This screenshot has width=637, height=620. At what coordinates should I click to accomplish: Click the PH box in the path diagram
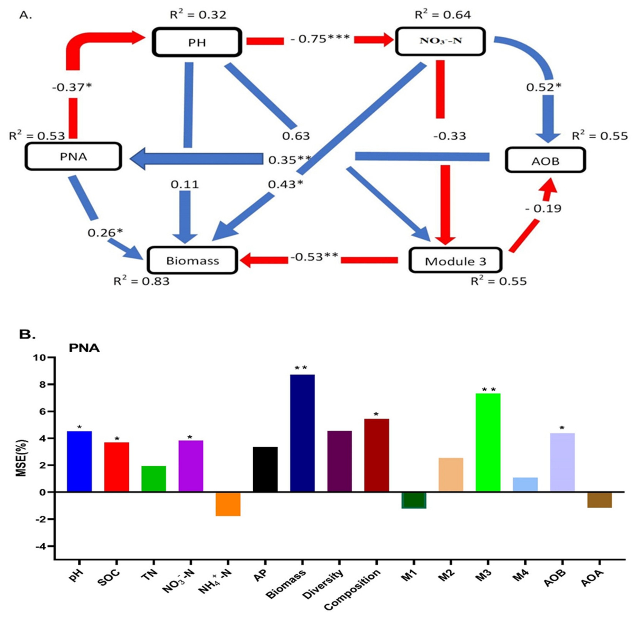(197, 42)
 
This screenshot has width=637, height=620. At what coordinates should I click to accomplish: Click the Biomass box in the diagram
(192, 260)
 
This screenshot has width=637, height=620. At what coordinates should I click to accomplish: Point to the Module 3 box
(455, 260)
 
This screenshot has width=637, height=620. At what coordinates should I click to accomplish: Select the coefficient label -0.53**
(314, 257)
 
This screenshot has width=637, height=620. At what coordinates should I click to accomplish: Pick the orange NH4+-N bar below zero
(228, 504)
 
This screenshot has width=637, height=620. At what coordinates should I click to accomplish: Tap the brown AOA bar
(600, 500)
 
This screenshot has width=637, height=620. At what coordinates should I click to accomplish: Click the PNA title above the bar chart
(84, 348)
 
